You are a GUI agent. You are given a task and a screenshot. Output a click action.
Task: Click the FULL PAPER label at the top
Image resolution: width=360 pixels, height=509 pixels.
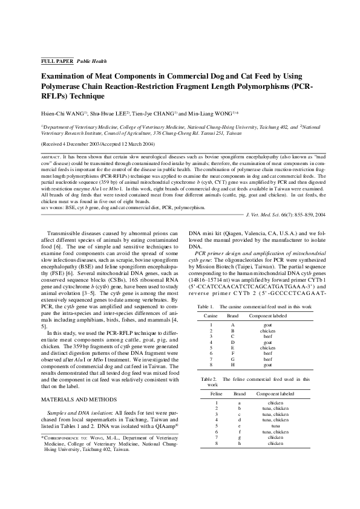tap(56, 61)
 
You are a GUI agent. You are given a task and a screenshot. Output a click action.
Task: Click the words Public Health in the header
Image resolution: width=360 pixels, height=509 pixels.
tap(91, 61)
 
